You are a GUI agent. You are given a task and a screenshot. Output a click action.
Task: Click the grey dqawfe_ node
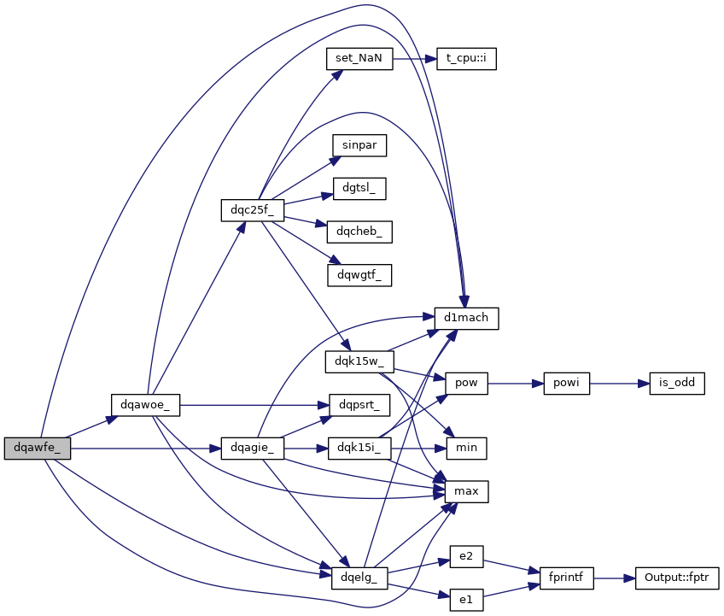37,448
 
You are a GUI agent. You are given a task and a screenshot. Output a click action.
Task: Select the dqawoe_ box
145,405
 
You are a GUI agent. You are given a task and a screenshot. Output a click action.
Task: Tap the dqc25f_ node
252,209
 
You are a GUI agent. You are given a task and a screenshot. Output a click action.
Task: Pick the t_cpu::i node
466,59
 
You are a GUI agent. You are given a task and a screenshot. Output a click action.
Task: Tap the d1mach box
466,318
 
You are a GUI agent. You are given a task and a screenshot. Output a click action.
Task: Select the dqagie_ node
252,448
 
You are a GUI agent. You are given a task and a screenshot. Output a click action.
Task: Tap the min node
466,448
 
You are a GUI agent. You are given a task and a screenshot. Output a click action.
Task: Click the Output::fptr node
677,578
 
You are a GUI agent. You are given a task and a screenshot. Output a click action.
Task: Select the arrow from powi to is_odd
615,384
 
